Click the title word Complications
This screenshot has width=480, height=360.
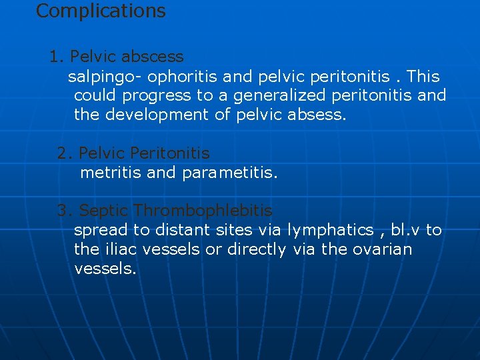click(x=101, y=11)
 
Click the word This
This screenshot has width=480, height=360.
click(x=423, y=77)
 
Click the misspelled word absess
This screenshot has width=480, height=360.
click(x=317, y=115)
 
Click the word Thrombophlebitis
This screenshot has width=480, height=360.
click(x=203, y=211)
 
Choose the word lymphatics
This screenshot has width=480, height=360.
click(x=330, y=231)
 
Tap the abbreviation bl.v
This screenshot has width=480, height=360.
click(x=405, y=230)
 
